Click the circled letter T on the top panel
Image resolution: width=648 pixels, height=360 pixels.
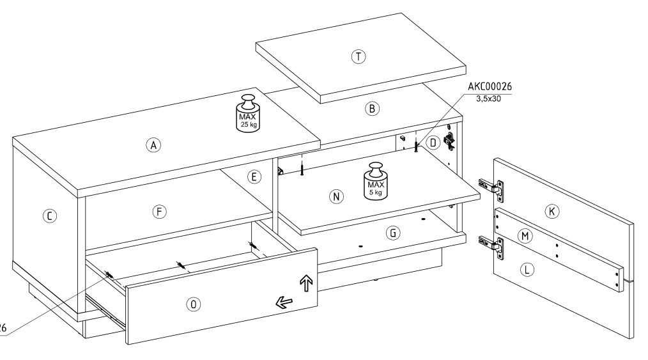point(359,56)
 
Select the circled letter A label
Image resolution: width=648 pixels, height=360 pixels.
point(153,145)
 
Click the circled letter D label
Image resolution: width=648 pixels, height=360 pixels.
point(433,142)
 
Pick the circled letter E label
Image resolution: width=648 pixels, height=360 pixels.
point(254,176)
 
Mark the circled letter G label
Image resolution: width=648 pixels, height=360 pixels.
point(393,233)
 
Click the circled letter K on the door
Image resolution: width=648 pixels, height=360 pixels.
point(552,210)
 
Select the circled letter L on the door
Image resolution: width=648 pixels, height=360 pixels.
point(527,270)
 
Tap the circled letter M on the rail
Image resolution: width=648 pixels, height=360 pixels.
point(525,237)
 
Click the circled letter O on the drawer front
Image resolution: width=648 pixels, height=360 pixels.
point(192,304)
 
